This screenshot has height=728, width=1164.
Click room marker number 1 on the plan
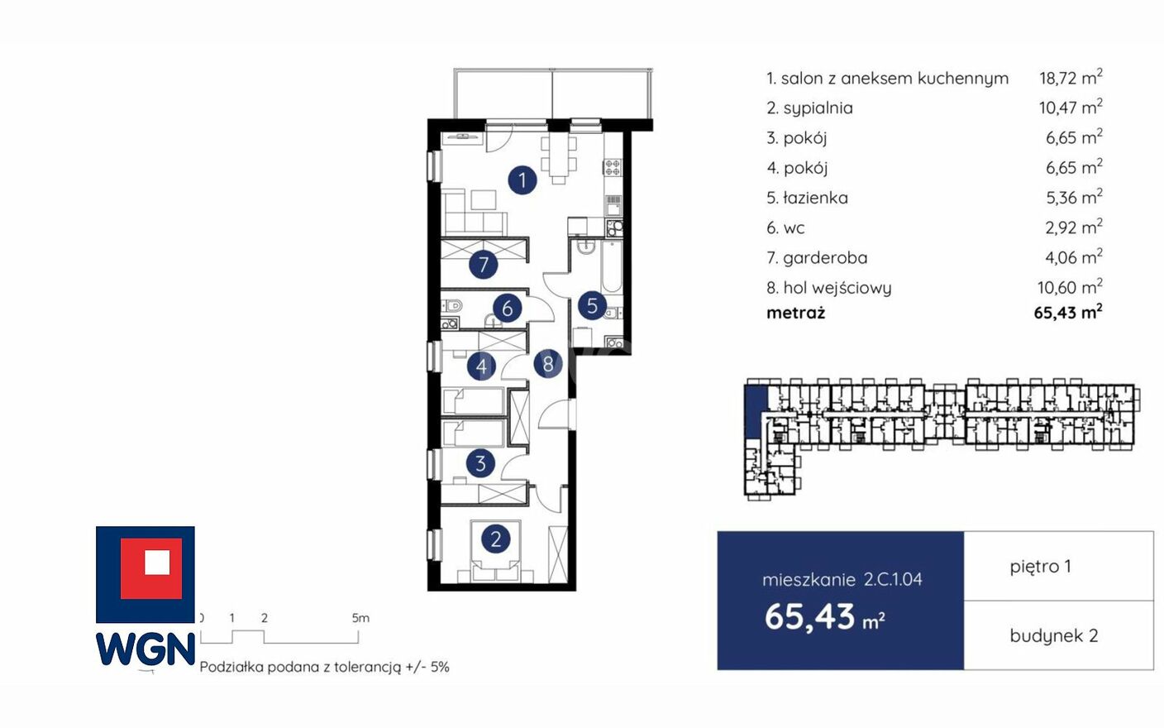pos(522,180)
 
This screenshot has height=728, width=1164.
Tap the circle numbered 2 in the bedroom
pos(496,539)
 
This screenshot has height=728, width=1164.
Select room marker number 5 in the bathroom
pos(593,305)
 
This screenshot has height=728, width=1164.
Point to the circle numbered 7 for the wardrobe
pos(484,264)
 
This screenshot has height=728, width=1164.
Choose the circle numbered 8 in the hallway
pos(548,364)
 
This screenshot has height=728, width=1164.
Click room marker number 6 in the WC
pos(507,308)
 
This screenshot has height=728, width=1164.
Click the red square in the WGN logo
pos(151,568)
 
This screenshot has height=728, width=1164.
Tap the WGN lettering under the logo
pos(145,649)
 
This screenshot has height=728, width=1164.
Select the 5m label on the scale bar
pos(360,618)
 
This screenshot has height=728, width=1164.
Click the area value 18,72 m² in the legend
pos(1071,77)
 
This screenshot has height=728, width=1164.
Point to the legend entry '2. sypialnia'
pos(809,108)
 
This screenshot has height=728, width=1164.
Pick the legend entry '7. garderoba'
pos(817,258)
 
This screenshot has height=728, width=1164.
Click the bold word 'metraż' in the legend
pos(795,313)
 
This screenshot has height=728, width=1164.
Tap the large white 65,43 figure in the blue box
pos(809,617)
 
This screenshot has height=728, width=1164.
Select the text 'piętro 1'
pos(1040,567)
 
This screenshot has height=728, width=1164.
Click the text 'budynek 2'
pos(1054,635)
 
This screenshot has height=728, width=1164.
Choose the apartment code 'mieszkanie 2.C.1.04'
pos(842,579)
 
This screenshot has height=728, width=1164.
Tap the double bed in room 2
pos(496,551)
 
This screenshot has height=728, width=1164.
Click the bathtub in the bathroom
pos(611,266)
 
